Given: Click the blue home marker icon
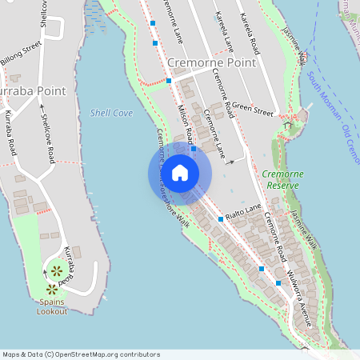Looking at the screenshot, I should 179,172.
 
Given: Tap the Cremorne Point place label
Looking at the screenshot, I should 212,62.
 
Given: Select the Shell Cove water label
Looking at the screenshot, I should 111,114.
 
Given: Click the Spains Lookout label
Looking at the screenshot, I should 53,306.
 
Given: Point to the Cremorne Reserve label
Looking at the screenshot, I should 280,179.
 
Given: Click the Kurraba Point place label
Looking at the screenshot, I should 32,91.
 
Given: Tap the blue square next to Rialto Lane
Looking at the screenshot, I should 221,218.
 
